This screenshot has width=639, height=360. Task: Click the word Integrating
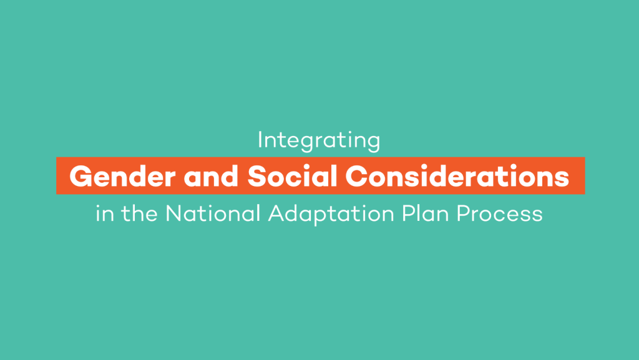point(319,141)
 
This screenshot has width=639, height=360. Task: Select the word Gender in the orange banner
point(123,177)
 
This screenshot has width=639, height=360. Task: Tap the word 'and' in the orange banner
point(211,176)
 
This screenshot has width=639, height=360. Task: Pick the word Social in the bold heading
point(292,176)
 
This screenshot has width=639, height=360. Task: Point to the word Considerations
point(457,176)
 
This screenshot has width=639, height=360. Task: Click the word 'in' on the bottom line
point(105,214)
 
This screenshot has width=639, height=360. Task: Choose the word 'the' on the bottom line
point(139,213)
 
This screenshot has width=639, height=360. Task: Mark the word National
point(213,213)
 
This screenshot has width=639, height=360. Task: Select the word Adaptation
point(331,214)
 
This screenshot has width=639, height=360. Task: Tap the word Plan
point(425,213)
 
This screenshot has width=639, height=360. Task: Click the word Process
point(499,213)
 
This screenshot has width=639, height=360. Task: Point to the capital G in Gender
point(80,177)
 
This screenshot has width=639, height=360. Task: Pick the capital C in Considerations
point(356,177)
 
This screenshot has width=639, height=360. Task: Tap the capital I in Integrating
point(260,140)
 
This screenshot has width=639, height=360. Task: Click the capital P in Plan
point(408,213)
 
